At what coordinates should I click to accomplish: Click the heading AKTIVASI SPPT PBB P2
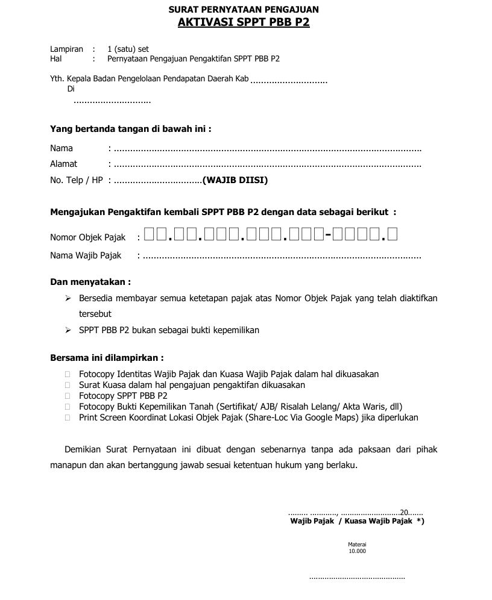point(244,23)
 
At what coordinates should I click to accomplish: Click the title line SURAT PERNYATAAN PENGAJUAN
point(244,10)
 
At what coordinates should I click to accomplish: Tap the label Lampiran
point(66,49)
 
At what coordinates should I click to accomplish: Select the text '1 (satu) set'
point(128,49)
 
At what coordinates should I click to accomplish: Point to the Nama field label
point(61,148)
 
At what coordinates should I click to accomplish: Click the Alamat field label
point(63,164)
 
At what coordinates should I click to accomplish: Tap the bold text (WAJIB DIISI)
point(235,180)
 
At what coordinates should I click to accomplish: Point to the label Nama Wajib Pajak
point(86,255)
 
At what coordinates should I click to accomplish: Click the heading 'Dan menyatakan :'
point(90,282)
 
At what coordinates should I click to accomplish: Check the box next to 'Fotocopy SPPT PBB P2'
point(67,396)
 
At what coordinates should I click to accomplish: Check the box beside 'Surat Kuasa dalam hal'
point(67,385)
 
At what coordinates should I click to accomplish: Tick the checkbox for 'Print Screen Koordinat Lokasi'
point(67,417)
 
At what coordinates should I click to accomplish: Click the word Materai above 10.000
point(357,544)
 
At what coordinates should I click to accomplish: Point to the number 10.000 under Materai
point(357,551)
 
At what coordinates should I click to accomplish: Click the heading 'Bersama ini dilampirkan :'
point(107,358)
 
